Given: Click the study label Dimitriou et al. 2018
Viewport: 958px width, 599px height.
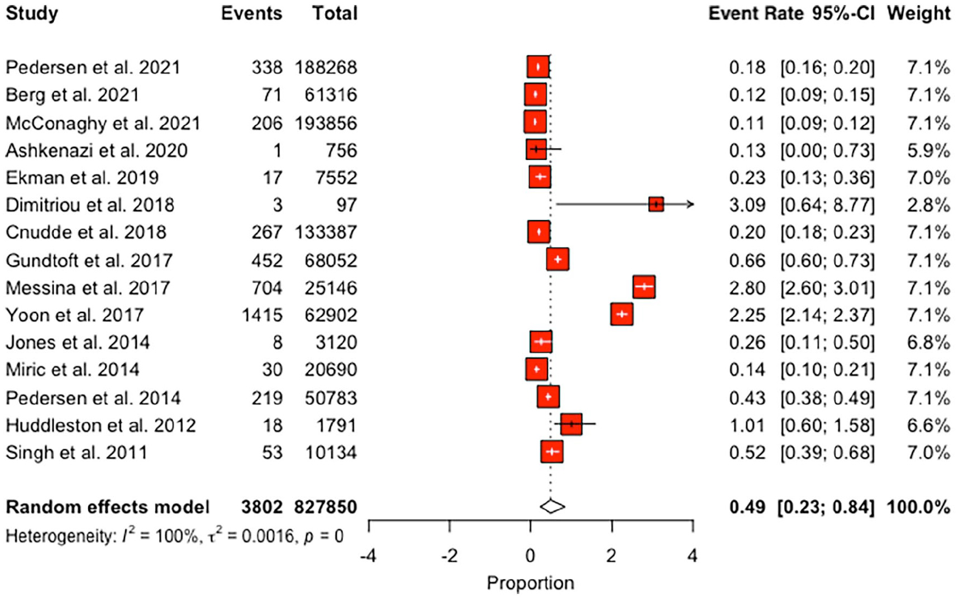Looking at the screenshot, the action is (90, 205).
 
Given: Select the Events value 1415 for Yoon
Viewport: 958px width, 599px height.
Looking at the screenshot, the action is (262, 315).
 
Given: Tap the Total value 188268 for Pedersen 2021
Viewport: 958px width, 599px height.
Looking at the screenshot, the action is (326, 67).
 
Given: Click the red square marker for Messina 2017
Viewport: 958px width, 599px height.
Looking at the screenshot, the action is (644, 287).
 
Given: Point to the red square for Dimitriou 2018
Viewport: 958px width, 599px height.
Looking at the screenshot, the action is (656, 205).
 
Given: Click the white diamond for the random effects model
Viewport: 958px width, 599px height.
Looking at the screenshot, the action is (552, 506).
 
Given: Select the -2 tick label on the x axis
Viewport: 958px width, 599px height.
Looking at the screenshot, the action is (449, 555).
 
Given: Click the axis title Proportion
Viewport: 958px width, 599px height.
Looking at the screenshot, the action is (530, 583).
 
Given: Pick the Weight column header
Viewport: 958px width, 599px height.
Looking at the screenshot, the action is (918, 13).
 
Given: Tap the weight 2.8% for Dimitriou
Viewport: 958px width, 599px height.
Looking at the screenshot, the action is (928, 205).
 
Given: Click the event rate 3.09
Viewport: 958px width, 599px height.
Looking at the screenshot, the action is (747, 205).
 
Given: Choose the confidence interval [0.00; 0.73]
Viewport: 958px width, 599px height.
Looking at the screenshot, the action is (827, 150).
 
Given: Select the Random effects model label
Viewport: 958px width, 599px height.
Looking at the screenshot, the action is (107, 507).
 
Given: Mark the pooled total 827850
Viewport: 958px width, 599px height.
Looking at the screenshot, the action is (326, 507).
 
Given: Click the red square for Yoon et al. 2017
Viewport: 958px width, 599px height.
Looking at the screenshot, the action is (622, 315).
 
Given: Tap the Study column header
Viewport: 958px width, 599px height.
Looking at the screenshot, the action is (32, 14).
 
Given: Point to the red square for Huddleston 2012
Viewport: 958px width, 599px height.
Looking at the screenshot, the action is (571, 425).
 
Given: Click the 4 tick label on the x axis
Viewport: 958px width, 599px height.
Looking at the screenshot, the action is (692, 555).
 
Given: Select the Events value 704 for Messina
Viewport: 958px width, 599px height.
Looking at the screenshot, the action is (267, 288).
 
